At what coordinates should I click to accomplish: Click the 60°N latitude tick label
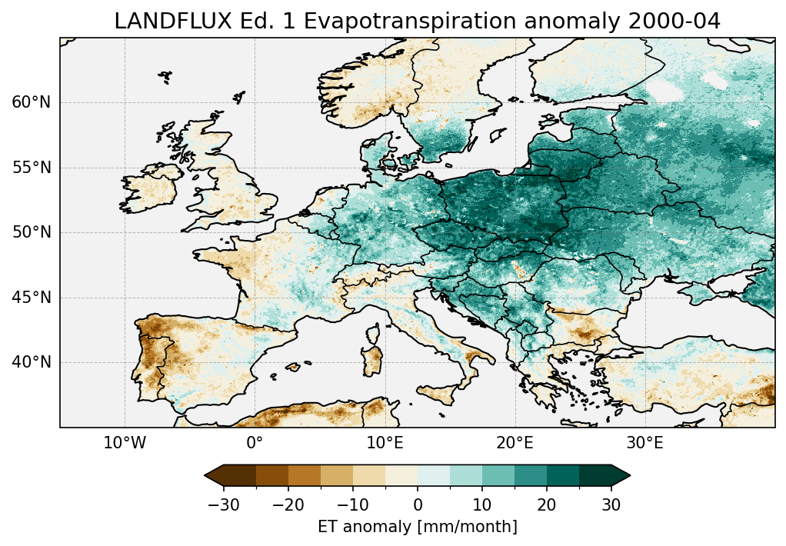pos(31,102)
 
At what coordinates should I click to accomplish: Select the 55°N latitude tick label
pos(31,168)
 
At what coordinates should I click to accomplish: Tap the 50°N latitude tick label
pos(31,232)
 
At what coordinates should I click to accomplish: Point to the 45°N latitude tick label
pos(31,298)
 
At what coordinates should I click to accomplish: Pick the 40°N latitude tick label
pos(31,362)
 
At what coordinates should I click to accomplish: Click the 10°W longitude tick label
pos(125,444)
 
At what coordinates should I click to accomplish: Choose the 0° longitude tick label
pos(255,444)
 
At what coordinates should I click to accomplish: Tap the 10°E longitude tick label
pos(385,444)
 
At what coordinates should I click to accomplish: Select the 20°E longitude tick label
pos(515,444)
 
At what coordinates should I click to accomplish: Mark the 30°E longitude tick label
pos(644,444)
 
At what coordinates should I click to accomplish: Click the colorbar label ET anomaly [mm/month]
pos(417,527)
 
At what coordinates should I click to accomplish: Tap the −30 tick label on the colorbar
pos(223,505)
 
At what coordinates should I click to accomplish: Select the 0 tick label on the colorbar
pos(418,505)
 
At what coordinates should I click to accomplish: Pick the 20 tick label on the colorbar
pos(547,505)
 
